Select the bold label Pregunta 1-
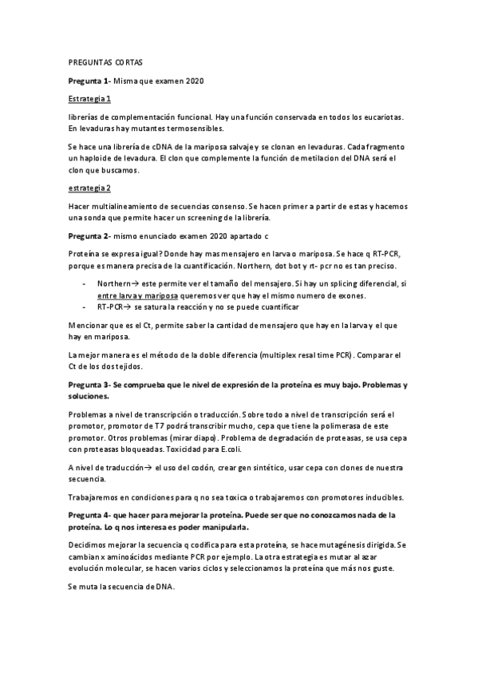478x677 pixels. click(x=89, y=81)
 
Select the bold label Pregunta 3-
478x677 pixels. click(x=89, y=385)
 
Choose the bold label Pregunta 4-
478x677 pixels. click(x=89, y=515)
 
